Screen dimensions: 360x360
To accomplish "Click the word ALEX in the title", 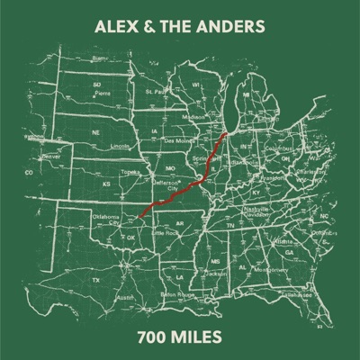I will click(x=116, y=27).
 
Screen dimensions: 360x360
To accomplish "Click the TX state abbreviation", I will click(x=95, y=281).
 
